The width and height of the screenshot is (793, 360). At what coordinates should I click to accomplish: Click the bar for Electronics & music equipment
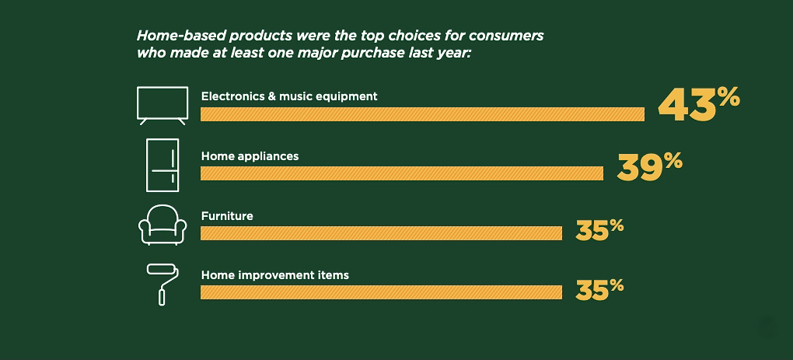[422, 114]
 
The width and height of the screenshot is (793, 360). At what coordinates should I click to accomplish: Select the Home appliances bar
[402, 173]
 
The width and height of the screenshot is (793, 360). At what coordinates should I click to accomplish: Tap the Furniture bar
[381, 233]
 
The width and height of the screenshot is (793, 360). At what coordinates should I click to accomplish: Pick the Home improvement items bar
[381, 292]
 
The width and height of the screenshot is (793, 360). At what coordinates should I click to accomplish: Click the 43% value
[698, 105]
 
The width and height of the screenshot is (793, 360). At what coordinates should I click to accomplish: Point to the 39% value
[649, 167]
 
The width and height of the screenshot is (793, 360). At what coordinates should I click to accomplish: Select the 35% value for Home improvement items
[599, 290]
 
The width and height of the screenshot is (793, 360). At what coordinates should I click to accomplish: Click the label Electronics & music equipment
[289, 96]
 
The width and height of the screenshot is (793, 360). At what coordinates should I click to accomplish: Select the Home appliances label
[250, 156]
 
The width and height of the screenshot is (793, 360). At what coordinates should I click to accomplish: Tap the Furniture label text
[227, 216]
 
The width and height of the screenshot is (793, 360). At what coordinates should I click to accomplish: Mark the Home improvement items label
[275, 275]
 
